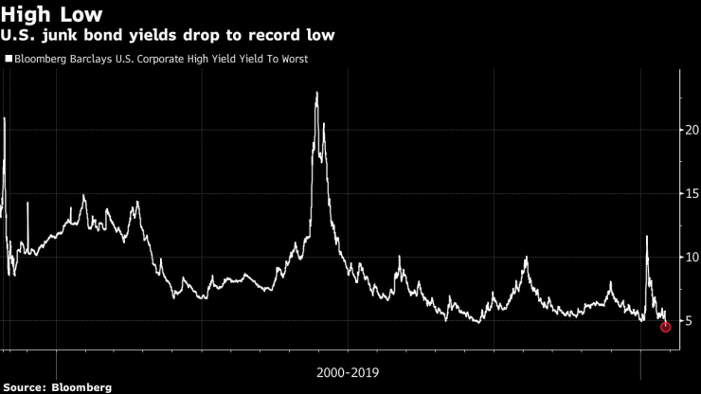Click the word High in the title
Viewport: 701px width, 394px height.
[29, 14]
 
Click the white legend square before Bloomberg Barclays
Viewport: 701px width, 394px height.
[8, 59]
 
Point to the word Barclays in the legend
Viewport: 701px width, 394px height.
[95, 59]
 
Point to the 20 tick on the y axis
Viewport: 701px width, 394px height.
[692, 130]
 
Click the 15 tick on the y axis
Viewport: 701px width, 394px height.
[692, 193]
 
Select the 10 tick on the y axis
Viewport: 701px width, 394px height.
[692, 257]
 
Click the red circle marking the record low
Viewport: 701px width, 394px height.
[665, 327]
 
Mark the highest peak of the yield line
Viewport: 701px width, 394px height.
[316, 93]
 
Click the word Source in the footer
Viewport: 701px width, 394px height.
[27, 387]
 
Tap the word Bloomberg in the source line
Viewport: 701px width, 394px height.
[81, 387]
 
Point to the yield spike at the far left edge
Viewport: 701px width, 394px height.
[4, 119]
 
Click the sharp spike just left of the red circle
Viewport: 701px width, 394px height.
[647, 237]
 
